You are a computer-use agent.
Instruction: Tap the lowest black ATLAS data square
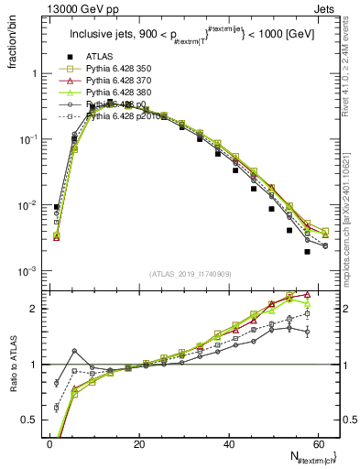coord(307,252)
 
